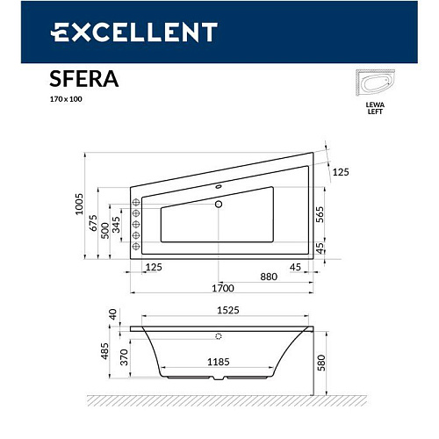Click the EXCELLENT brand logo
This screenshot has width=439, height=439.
[x=133, y=32]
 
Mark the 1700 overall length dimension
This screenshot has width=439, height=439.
[x=223, y=288]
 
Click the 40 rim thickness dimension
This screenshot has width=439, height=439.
[x=112, y=313]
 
